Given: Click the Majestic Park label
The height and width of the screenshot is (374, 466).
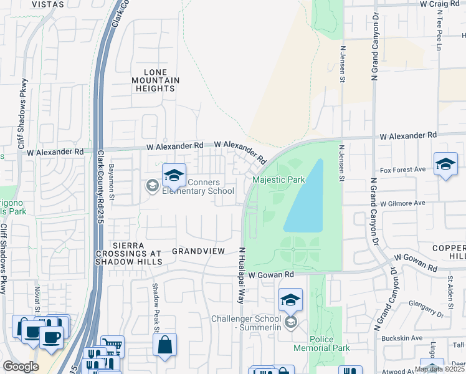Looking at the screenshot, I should [279, 180].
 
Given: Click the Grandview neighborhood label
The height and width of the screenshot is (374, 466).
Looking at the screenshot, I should [198, 251].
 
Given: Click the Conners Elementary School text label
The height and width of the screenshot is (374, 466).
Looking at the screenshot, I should [198, 187].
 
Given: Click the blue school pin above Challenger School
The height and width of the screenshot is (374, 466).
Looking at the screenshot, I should [290, 300].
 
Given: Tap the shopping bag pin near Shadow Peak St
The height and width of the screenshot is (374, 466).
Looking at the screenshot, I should [164, 345].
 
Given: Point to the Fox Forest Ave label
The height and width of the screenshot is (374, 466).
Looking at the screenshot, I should [402, 170].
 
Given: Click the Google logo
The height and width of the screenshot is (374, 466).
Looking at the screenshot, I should [21, 367].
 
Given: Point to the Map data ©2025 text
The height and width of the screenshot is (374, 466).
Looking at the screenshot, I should [439, 369].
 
